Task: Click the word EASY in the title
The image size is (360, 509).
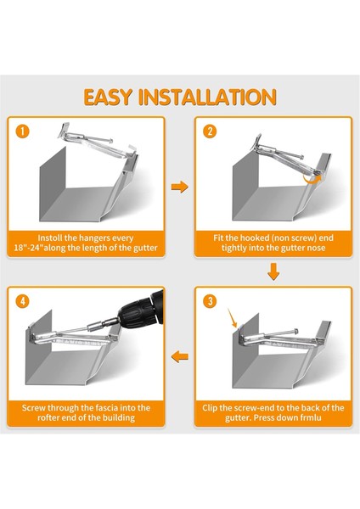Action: point(108,97)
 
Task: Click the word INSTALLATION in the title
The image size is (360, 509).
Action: point(208,97)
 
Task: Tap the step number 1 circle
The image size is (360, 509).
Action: point(22,131)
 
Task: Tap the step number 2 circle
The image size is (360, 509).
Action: point(210,131)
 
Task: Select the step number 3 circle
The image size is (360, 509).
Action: point(210,301)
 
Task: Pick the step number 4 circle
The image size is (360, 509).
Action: point(22,301)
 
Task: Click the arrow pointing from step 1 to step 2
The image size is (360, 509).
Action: point(180,187)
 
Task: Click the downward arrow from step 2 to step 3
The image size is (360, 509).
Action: point(273,271)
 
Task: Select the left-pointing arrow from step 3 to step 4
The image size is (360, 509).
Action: point(180,357)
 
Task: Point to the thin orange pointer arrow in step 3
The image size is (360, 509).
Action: point(233,318)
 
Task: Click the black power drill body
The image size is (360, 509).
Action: point(144,309)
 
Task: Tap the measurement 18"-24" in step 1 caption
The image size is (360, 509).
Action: point(29,248)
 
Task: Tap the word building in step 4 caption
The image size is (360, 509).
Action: point(118,417)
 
